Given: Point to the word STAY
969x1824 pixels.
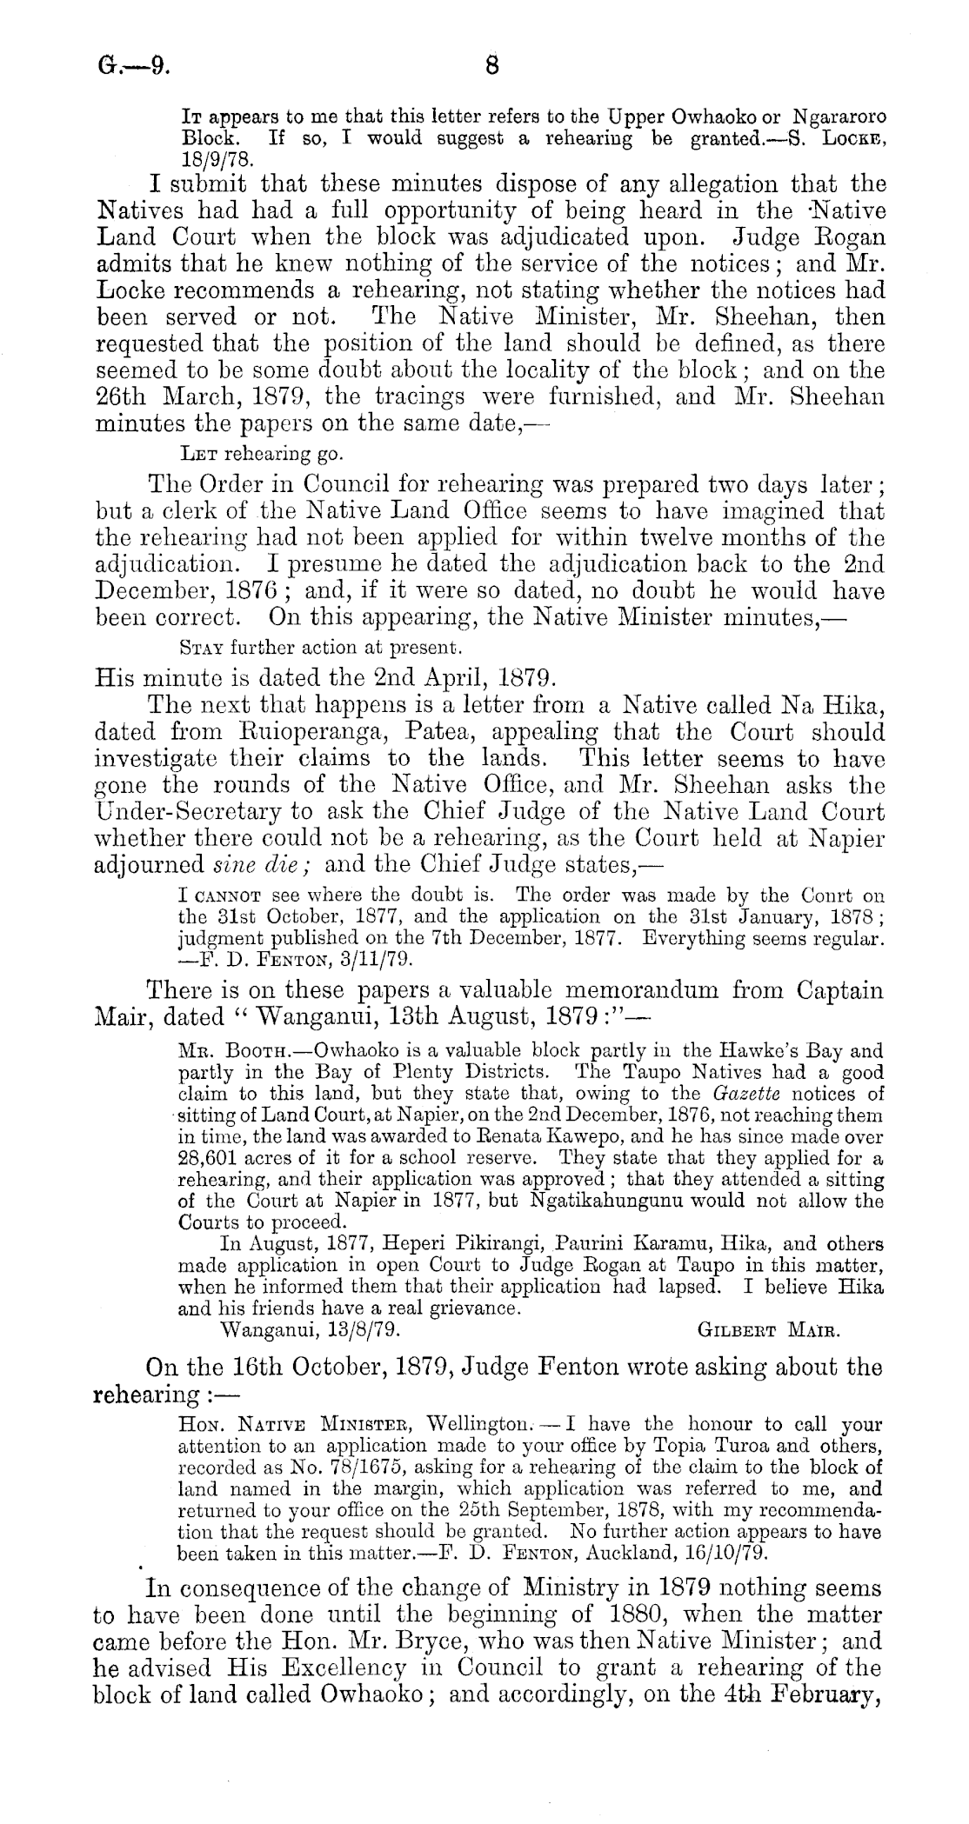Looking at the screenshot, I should click(196, 647).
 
